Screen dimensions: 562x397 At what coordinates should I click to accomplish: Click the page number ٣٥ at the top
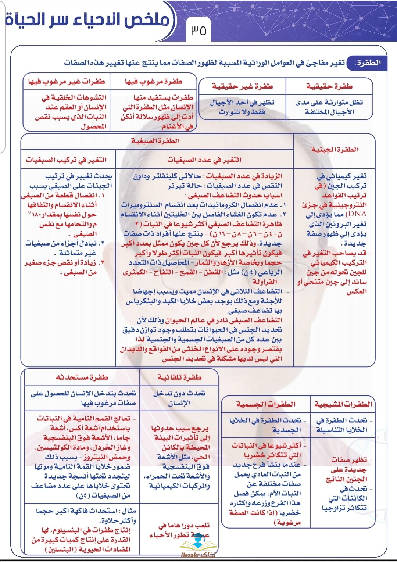198,30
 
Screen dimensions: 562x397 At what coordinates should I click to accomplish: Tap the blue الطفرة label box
367,63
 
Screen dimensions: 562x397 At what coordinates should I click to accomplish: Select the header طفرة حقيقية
329,86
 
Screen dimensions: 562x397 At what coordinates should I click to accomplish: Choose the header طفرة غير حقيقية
242,86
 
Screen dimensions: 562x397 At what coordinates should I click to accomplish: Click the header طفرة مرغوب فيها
153,82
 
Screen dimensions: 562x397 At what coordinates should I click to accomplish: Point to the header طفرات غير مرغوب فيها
67,82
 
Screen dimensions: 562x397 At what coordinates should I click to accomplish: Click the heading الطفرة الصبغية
155,141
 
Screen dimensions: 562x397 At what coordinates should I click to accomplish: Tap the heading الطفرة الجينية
335,150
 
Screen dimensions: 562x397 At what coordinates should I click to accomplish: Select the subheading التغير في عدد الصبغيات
204,160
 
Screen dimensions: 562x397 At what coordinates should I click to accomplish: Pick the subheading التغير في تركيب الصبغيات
66,160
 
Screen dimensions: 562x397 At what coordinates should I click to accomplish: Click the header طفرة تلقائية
179,377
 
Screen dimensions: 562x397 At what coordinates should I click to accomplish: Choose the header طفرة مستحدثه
82,377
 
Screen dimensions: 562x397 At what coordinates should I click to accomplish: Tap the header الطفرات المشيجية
343,404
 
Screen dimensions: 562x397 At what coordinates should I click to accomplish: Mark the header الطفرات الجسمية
266,404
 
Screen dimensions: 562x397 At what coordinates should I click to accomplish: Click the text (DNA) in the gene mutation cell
356,214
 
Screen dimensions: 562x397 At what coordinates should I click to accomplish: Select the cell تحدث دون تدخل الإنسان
179,398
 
